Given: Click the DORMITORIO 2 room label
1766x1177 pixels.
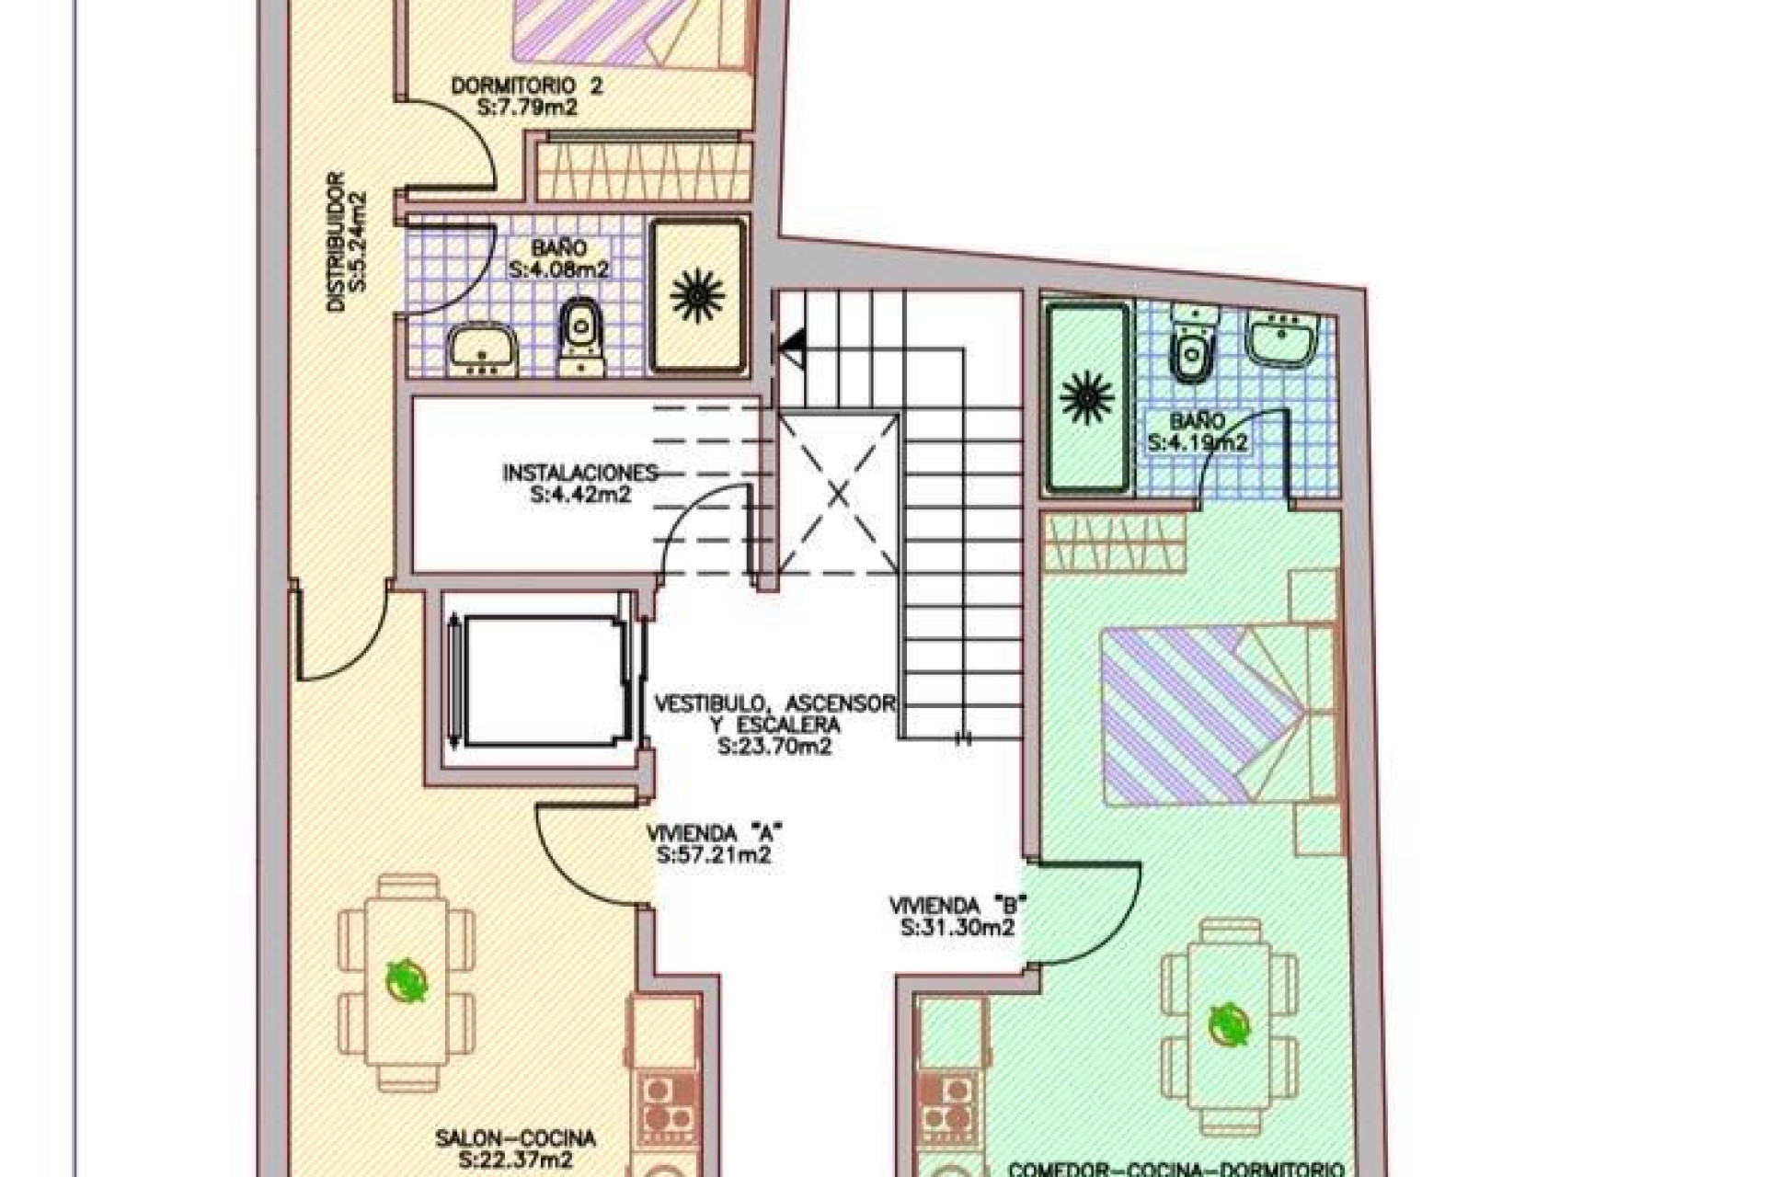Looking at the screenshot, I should point(527,86).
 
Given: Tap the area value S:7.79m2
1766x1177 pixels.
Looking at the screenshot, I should point(528,107).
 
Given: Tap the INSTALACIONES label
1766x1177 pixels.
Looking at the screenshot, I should point(580,473).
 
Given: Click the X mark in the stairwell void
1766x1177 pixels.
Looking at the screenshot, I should point(838,495).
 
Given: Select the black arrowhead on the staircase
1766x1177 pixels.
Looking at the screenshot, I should point(792,346).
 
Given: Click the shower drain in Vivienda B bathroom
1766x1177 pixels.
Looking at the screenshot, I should point(1087,396).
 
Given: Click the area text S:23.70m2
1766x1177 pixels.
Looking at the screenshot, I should point(774,747).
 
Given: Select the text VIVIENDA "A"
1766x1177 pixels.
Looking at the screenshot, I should point(714,834).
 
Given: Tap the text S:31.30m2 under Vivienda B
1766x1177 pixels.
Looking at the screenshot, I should point(958,928).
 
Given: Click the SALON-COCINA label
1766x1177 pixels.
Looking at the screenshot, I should point(515,1138).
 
